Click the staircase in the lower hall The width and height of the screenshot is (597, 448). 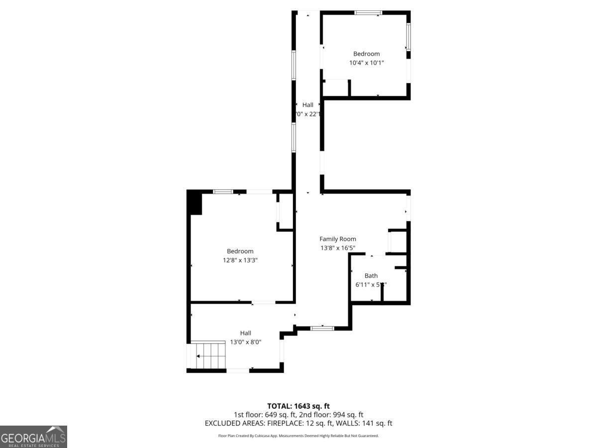[x=209, y=355]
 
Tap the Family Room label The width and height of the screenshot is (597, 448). [x=338, y=239]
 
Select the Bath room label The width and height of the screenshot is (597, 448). [x=371, y=276]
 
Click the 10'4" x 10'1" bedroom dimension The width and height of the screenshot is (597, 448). [x=367, y=63]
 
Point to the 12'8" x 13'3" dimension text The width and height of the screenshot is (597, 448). [x=240, y=260]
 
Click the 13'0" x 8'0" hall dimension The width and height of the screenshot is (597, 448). [x=246, y=342]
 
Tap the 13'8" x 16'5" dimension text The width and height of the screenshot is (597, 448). [x=338, y=248]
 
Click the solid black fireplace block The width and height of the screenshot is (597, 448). [x=195, y=203]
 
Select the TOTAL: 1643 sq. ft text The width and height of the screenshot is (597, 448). [x=298, y=406]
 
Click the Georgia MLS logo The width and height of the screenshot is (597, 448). [x=33, y=437]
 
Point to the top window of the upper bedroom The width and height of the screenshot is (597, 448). [x=368, y=12]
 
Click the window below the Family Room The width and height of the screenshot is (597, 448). [x=322, y=328]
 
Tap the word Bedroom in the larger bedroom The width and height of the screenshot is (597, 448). [x=240, y=251]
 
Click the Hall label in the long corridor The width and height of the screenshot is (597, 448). [x=308, y=105]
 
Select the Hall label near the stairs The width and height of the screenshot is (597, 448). [x=246, y=333]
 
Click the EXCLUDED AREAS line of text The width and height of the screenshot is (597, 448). [x=298, y=423]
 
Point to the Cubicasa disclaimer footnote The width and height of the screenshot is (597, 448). [x=298, y=436]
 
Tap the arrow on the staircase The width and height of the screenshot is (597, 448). [x=199, y=356]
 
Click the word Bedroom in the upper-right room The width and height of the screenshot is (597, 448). [x=367, y=54]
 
